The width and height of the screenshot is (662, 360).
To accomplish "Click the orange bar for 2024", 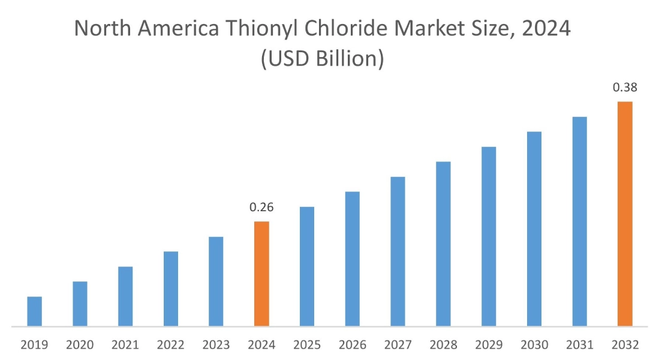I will click(261, 274).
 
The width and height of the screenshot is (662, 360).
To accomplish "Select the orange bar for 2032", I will click(625, 214).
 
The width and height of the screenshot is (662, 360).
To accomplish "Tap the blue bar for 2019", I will click(35, 311).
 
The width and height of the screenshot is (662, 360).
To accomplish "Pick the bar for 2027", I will click(398, 251).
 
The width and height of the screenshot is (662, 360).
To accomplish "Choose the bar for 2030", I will click(534, 229).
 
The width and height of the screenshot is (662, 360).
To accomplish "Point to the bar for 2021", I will click(125, 296).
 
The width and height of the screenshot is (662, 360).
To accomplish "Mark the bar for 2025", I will click(307, 266).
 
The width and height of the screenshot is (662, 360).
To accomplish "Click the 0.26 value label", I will click(261, 208).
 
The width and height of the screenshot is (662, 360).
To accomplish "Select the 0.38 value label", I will click(625, 88).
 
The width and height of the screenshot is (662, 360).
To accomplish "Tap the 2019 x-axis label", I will click(35, 345).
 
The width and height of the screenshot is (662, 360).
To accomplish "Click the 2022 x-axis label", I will click(171, 345).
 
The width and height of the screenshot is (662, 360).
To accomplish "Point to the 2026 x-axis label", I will click(353, 345).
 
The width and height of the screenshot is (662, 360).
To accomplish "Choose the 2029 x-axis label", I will click(489, 345).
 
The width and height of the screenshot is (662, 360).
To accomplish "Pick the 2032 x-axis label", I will click(625, 345).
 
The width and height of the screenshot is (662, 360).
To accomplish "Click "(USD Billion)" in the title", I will click(322, 59).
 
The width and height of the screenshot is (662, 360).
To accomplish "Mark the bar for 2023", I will click(216, 281).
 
